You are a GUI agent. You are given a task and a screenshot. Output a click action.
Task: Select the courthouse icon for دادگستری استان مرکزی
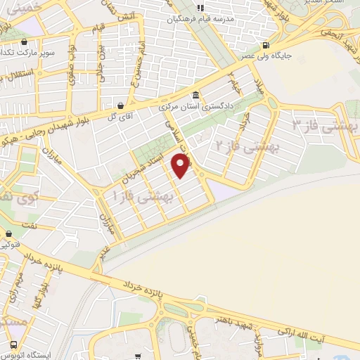[195, 96]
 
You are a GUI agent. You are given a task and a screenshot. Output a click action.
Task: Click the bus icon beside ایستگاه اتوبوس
[14, 345]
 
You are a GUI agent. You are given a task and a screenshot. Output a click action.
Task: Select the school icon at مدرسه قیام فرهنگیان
[200, 8]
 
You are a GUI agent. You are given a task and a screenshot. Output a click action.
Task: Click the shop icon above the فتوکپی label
[8, 233]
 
